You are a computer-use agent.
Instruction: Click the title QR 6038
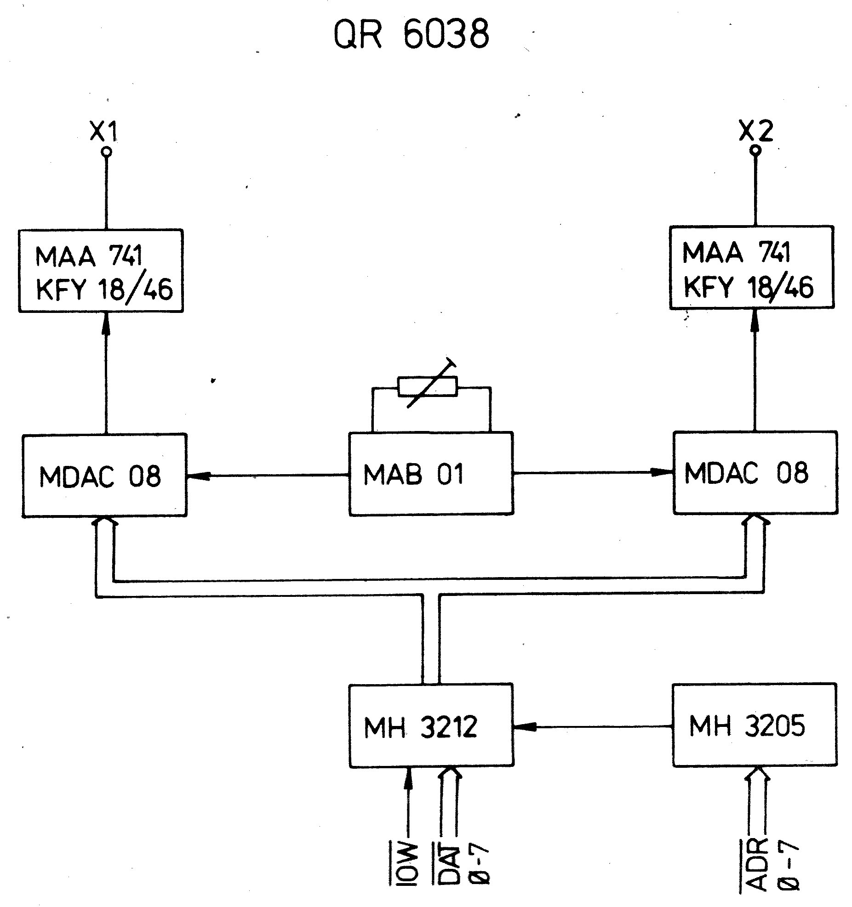coord(411,34)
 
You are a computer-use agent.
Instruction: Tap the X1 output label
coord(103,131)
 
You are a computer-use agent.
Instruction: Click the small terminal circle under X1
coord(107,151)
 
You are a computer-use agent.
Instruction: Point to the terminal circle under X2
coord(755,150)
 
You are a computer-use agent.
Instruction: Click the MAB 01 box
coord(431,474)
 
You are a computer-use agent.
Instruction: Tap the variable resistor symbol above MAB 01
coord(428,386)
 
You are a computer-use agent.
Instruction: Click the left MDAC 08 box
coord(104,475)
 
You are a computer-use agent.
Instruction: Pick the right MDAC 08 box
coord(755,472)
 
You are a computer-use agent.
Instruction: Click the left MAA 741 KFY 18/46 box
coord(101,271)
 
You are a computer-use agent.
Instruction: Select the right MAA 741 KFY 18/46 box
coord(751,267)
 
